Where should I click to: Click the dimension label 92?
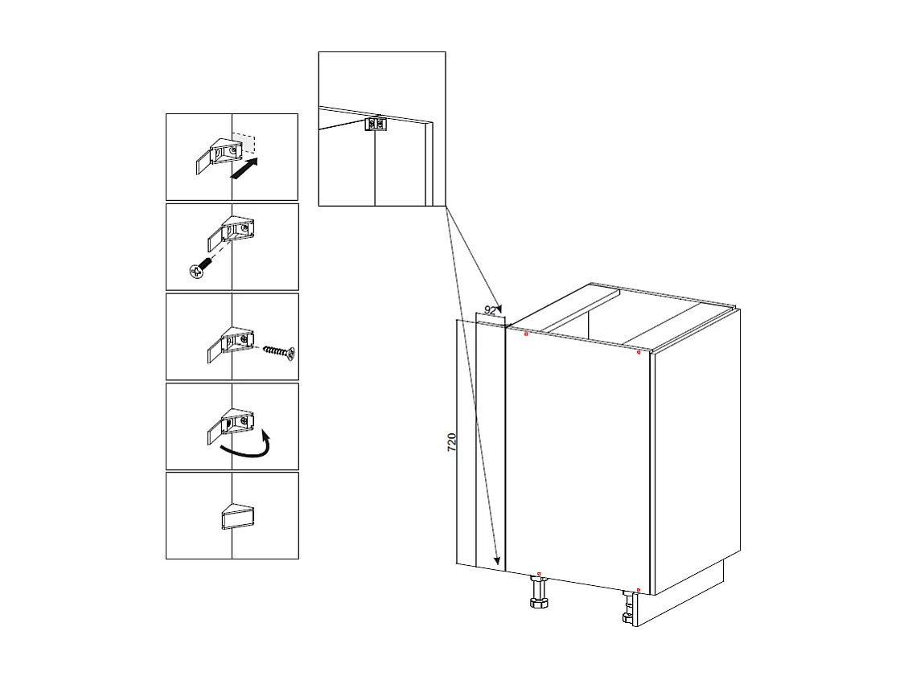(491, 311)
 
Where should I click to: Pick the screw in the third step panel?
(278, 351)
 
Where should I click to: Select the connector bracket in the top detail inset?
(376, 123)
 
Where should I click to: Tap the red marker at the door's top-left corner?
(526, 334)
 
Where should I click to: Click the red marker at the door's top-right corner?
(639, 352)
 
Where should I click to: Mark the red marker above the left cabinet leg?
(538, 573)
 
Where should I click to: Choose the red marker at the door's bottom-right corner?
(638, 591)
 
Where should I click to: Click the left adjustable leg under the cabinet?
(538, 596)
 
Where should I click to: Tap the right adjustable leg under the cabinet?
(628, 608)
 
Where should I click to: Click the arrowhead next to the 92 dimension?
(499, 309)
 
